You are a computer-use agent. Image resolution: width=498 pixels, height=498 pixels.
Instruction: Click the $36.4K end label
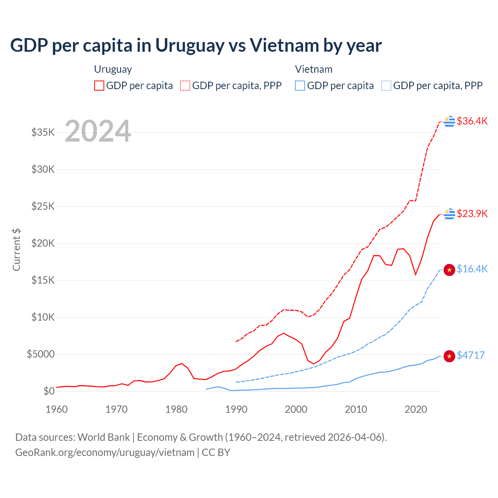click(x=472, y=121)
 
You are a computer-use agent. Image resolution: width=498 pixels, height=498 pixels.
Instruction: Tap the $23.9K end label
click(x=472, y=214)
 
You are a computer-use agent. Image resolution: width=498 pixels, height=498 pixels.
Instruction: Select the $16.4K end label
click(x=472, y=269)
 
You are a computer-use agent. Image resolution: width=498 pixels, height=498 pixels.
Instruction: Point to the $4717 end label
click(x=470, y=355)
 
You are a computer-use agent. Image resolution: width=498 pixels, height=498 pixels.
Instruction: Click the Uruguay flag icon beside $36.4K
click(x=449, y=121)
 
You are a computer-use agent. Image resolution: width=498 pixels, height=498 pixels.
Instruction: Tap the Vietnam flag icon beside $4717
click(x=449, y=356)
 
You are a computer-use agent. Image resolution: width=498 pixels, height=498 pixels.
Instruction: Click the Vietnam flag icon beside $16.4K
click(x=449, y=270)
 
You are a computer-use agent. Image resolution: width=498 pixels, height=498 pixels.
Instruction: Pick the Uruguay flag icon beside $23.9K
click(x=449, y=214)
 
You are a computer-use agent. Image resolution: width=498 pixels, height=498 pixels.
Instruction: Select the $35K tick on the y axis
click(x=43, y=132)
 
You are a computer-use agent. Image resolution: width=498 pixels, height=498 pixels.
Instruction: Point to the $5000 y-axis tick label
click(x=40, y=354)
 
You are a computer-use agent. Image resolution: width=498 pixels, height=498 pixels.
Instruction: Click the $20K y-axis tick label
click(x=43, y=243)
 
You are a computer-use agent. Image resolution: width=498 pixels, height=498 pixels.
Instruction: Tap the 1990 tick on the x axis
click(x=236, y=409)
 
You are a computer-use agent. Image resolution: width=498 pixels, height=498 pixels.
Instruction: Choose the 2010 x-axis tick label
click(x=356, y=409)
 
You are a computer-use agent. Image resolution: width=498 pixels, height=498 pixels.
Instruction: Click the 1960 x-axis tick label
click(x=57, y=409)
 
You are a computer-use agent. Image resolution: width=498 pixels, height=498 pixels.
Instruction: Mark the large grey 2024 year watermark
click(x=98, y=131)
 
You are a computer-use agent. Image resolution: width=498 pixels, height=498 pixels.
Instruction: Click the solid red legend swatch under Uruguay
click(x=99, y=86)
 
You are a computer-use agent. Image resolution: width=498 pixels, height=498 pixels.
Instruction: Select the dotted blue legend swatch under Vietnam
click(x=386, y=86)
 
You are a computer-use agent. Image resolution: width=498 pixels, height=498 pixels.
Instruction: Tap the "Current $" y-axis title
click(x=16, y=250)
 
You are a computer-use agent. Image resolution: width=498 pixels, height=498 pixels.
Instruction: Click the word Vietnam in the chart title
click(x=284, y=45)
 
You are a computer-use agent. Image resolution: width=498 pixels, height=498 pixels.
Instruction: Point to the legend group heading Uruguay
click(x=113, y=69)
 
